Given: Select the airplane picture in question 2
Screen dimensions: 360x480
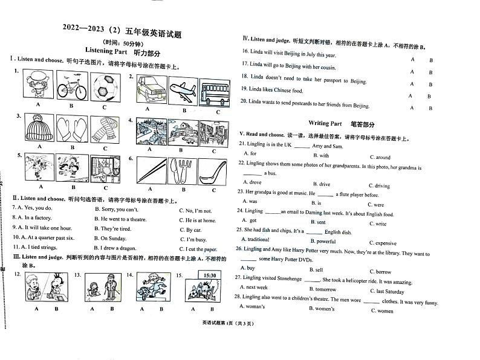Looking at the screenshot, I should pyautogui.click(x=180, y=91).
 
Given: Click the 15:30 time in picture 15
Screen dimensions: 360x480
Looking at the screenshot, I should pyautogui.click(x=210, y=275).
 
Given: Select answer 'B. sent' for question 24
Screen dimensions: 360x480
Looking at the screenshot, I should pyautogui.click(x=317, y=222).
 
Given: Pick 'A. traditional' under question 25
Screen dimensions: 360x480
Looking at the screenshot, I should pyautogui.click(x=255, y=240).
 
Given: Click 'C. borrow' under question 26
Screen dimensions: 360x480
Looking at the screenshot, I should pyautogui.click(x=380, y=272).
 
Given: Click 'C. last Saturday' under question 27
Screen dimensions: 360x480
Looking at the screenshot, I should pyautogui.click(x=390, y=291).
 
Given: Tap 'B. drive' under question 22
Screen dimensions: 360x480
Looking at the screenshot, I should pyautogui.click(x=322, y=184).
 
